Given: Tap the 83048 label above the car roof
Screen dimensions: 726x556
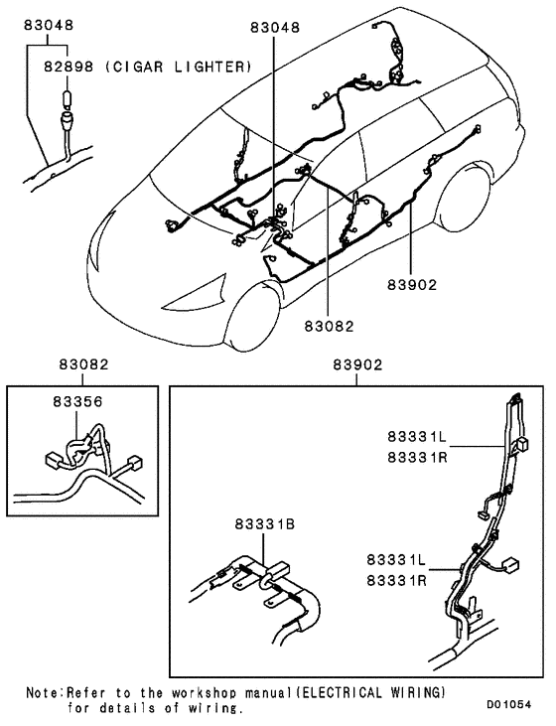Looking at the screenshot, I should click(273, 30).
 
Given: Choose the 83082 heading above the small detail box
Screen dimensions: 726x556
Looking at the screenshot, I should click(80, 365).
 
